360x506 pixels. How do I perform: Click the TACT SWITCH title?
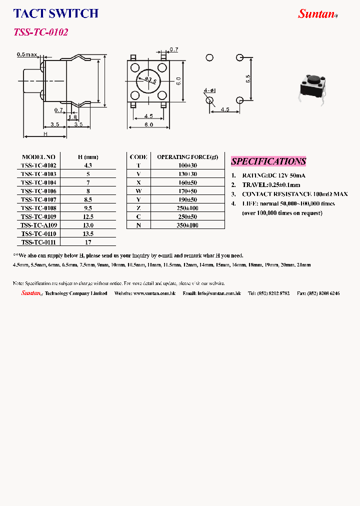pos(55,13)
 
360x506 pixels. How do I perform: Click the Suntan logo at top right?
pos(317,14)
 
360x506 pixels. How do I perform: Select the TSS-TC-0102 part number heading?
pos(40,32)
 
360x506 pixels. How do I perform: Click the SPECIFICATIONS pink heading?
pos(268,161)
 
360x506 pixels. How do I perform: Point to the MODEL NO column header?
pos(38,156)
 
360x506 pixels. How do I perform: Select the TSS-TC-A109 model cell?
pos(38,225)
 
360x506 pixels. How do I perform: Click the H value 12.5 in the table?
pos(88,216)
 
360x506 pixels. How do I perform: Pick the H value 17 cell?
pos(88,242)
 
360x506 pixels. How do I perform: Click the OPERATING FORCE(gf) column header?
pos(187,156)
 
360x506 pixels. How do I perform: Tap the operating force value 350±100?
pos(187,225)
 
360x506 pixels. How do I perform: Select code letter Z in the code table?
pos(138,208)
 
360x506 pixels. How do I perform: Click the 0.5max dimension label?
pos(27,54)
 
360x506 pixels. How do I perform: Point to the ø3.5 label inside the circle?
pos(151,80)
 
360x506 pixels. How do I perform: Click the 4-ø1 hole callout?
pos(209,90)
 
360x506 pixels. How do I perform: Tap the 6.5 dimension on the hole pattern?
pos(248,78)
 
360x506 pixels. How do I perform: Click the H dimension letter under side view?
pos(45,133)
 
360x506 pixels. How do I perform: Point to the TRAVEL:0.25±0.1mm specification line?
pos(274,184)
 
